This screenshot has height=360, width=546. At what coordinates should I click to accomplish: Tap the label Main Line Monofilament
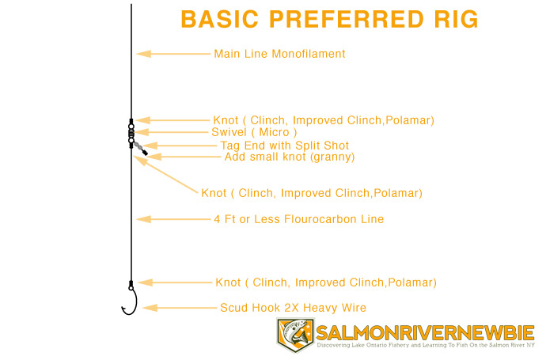279,55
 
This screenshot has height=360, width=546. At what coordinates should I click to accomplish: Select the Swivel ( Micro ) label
254,132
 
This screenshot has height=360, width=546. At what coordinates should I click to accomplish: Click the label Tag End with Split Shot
284,146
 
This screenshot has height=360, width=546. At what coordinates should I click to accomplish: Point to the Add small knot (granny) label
290,157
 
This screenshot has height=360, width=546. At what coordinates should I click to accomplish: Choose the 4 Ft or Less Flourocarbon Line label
298,219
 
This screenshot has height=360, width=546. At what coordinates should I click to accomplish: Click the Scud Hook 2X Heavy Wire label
293,308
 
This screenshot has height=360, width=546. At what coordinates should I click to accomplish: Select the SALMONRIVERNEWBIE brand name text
425,332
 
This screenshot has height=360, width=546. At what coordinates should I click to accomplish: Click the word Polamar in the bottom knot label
409,282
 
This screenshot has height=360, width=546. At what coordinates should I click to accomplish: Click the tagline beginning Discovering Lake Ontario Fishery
425,346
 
